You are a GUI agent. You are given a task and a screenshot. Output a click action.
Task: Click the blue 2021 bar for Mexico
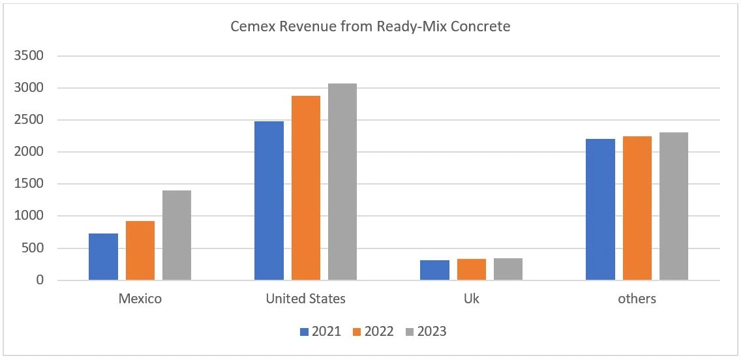tap(103, 257)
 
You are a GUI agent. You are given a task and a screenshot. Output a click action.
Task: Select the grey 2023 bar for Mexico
tap(177, 235)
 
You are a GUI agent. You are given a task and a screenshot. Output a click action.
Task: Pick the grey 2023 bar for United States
tap(342, 182)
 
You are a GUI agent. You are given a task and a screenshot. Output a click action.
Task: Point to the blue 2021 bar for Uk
tap(434, 270)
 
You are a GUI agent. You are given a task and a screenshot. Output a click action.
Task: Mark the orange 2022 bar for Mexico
tap(140, 250)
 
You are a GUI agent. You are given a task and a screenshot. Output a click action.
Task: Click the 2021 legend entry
tap(320, 331)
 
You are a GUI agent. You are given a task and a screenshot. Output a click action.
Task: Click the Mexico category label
tap(140, 299)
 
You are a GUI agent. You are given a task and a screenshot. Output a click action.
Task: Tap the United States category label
tap(305, 299)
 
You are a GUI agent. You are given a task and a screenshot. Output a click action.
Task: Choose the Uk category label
tap(471, 299)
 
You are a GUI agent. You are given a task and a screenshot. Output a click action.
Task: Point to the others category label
tap(637, 299)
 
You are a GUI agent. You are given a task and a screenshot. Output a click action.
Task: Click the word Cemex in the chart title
tap(249, 27)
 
